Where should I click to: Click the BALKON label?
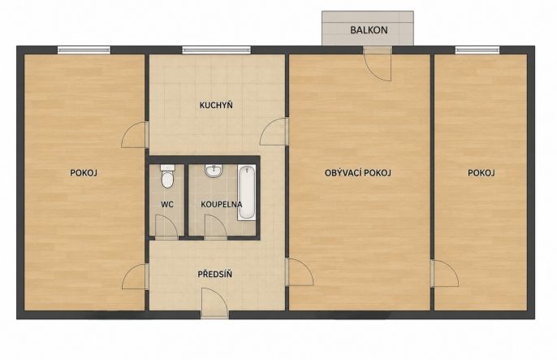(x=369, y=30)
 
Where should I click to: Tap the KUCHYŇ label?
(x=216, y=105)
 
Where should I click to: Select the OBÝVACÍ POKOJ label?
(x=358, y=173)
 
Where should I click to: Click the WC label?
(x=167, y=204)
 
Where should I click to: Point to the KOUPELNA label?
(x=222, y=204)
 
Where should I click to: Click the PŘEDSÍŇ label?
(x=215, y=274)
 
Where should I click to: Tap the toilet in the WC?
(x=167, y=176)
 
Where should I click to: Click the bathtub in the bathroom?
(x=247, y=193)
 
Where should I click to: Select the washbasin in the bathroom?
(x=214, y=171)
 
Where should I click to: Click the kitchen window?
(x=216, y=50)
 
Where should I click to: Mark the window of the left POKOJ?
(x=84, y=50)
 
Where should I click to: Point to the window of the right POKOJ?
(x=477, y=50)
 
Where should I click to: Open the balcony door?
(x=378, y=64)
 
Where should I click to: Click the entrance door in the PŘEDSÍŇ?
(x=214, y=303)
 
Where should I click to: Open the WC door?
(x=166, y=227)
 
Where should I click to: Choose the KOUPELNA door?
(x=216, y=227)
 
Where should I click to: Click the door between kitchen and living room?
(x=274, y=132)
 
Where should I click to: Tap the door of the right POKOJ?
(x=444, y=273)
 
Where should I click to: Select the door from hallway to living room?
(x=300, y=272)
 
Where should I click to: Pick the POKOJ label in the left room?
(x=84, y=173)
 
